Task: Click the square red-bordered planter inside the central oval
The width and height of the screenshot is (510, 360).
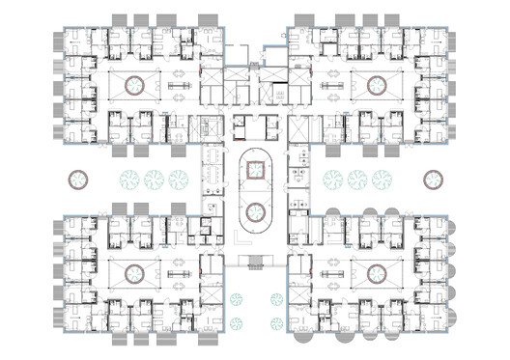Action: [255, 172]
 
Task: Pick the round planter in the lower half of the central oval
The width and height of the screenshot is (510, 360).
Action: [255, 213]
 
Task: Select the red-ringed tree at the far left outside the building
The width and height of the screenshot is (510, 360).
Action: [74, 180]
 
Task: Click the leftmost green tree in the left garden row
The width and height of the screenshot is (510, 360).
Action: [129, 180]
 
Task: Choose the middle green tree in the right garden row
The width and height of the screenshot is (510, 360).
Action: [357, 180]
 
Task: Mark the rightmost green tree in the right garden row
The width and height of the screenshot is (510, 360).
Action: [381, 180]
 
